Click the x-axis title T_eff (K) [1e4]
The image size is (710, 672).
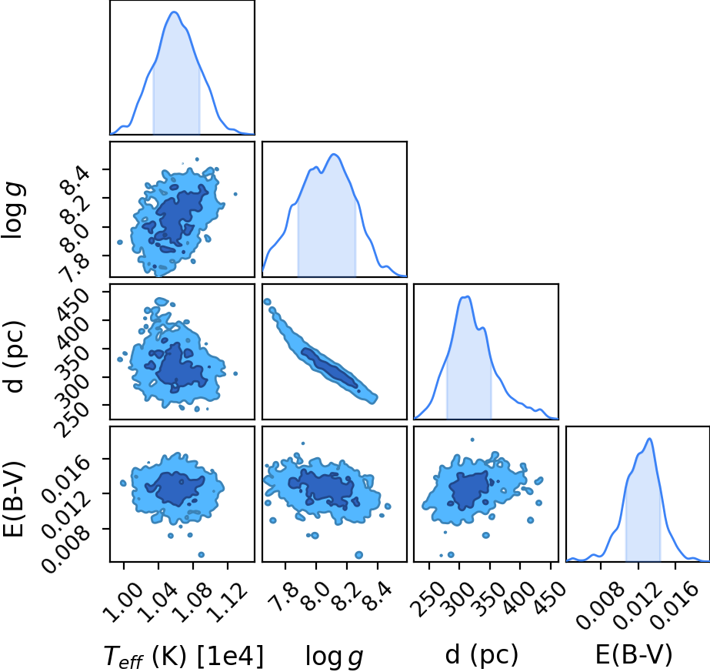coord(183,656)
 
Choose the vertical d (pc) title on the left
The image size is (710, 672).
coord(14,356)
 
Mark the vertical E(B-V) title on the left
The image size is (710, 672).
coord(14,500)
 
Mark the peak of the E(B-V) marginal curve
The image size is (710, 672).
coord(650,438)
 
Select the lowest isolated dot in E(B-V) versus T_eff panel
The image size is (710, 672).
coord(201,555)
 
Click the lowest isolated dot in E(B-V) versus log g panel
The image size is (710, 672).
coord(359,555)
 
